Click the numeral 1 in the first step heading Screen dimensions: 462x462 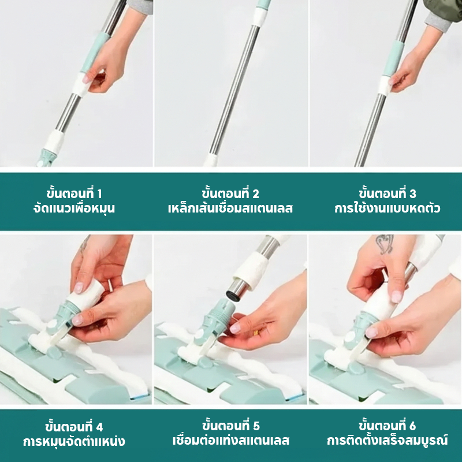pos(99,194)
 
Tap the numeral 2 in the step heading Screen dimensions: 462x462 pos(255,194)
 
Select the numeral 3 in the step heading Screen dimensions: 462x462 pos(412,194)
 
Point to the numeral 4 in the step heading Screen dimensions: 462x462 pos(99,427)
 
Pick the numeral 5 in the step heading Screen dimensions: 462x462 pos(256,426)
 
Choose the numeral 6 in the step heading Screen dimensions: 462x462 pos(412,426)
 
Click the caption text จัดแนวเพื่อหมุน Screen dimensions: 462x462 pos(74,208)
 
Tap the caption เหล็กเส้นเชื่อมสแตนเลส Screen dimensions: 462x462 pos(230,208)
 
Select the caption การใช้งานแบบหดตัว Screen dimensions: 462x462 pos(387,208)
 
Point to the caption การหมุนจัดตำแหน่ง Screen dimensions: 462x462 pos(74,441)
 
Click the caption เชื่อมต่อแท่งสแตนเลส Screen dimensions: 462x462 pos(230,440)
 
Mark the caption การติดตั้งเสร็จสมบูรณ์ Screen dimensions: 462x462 pos(387,440)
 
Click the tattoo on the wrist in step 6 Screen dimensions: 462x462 pos(385,244)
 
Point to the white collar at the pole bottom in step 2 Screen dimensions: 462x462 pos(211,161)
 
